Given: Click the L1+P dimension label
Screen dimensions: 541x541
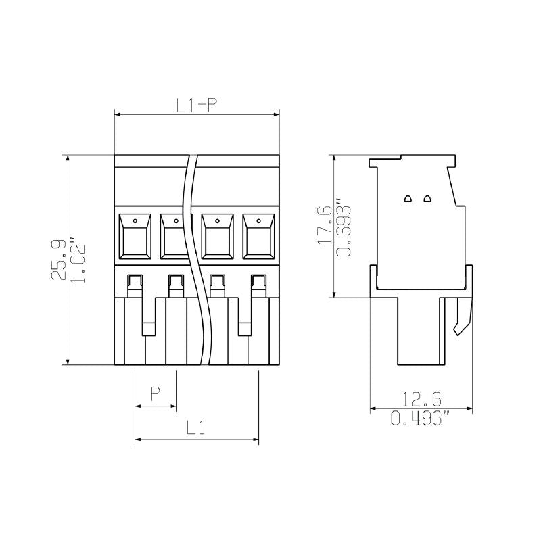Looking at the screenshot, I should click(196, 105).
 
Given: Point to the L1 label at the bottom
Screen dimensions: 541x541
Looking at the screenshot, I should click(196, 427).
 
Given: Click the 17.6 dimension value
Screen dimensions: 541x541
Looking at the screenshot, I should click(325, 225).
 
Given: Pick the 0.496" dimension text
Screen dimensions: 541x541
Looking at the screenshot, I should click(421, 419).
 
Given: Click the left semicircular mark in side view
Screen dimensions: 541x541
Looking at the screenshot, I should click(408, 199).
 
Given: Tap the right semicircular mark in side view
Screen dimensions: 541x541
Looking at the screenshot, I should click(427, 199).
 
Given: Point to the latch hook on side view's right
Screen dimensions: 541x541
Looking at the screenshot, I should click(462, 319).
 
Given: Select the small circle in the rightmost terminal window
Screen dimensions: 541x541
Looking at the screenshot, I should click(259, 220).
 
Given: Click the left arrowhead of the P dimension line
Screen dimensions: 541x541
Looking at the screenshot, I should click(138, 406).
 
